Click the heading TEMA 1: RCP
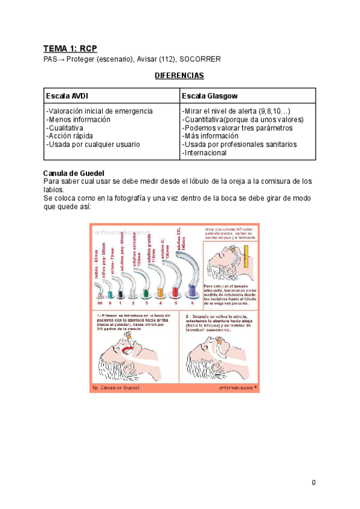click(70, 48)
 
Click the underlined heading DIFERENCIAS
click(179, 76)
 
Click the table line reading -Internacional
click(204, 153)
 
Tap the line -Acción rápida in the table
click(70, 136)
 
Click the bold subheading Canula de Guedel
click(75, 173)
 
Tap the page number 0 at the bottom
click(313, 483)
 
